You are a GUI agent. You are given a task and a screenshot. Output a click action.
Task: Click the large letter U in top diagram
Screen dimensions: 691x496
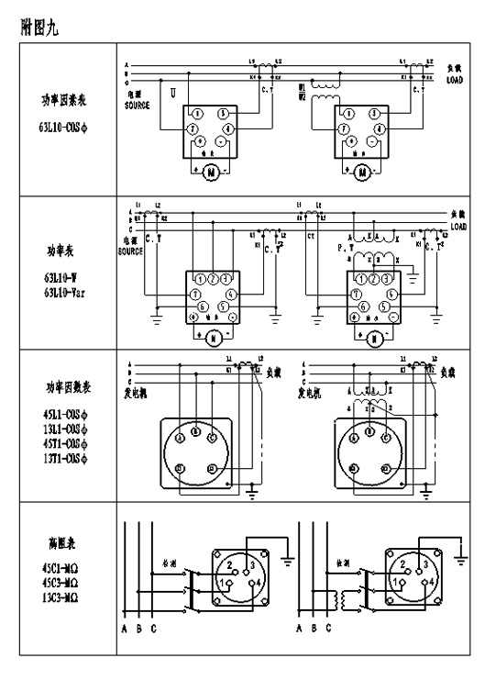(x=172, y=92)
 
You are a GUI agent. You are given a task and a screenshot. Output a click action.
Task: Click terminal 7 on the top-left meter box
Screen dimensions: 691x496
(x=193, y=129)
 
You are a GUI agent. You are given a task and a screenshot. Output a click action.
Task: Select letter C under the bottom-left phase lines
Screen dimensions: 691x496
(x=154, y=630)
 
